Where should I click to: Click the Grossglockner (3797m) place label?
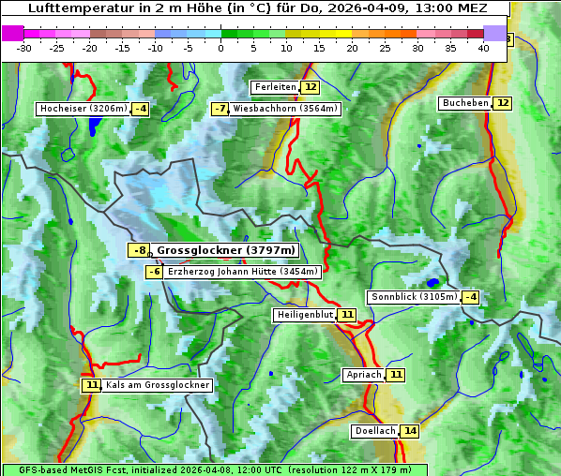[225, 250]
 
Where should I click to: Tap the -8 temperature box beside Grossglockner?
[139, 250]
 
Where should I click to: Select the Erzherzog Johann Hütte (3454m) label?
[243, 272]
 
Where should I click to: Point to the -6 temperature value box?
[155, 272]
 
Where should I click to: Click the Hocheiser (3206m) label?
[83, 109]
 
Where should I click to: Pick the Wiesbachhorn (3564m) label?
[285, 109]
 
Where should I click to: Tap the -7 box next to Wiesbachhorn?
[220, 109]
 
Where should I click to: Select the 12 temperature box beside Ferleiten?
[311, 87]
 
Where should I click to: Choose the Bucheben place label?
[465, 103]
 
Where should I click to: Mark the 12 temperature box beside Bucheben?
[503, 103]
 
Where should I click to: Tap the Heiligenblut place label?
[305, 315]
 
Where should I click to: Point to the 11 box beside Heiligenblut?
[347, 315]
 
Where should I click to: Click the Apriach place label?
[364, 375]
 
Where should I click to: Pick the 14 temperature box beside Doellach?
[410, 431]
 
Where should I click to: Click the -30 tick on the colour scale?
[24, 47]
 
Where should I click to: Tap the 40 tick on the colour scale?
[483, 47]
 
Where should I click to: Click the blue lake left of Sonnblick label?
[432, 281]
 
